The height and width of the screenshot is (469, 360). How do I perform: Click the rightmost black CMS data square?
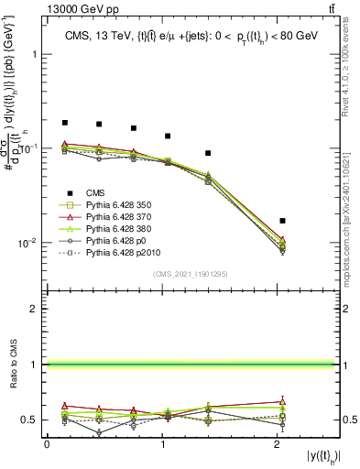click(x=282, y=221)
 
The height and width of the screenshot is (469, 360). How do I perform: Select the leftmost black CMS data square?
click(x=65, y=123)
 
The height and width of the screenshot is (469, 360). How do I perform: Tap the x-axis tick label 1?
click(x=163, y=444)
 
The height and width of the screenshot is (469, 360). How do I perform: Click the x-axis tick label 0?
click(x=47, y=444)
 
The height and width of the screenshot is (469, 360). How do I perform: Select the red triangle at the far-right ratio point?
click(x=282, y=400)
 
